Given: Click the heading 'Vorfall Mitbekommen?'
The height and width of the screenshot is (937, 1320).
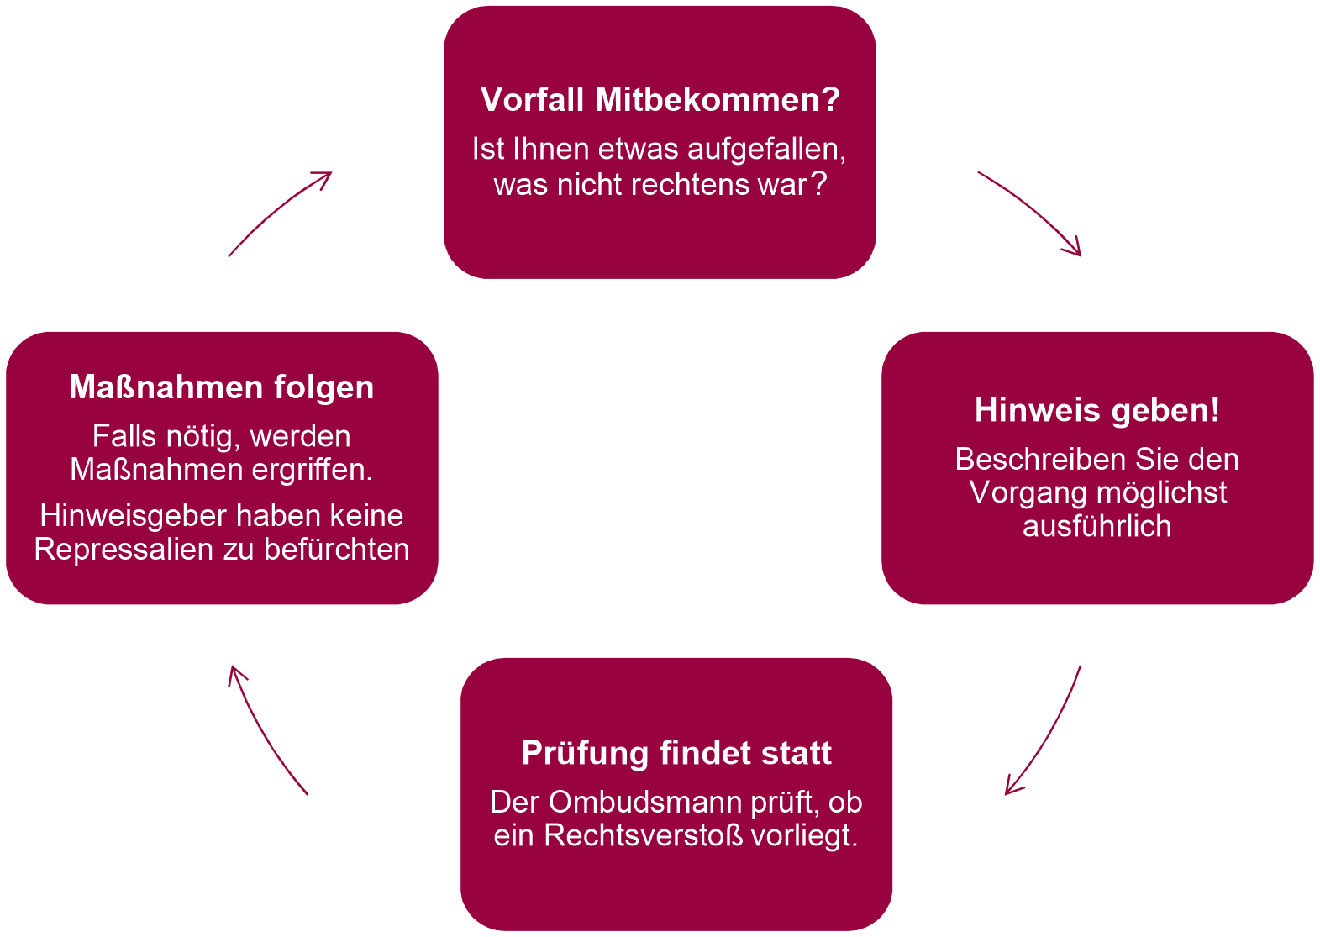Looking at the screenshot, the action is tap(660, 99).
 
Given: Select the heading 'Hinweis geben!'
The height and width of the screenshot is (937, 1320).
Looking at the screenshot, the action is tap(1096, 411).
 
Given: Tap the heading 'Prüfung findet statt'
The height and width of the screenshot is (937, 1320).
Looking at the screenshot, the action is tap(676, 754).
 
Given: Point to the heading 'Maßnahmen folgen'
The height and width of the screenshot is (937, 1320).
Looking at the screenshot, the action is tap(222, 387).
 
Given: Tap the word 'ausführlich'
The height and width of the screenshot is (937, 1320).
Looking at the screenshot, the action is tap(1096, 526).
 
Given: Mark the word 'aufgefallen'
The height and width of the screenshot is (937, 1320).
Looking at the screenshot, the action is tap(766, 149).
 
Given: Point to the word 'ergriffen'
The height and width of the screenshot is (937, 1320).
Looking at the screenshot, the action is tap(313, 471).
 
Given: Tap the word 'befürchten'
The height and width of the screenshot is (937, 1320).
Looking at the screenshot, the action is tap(336, 550).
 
